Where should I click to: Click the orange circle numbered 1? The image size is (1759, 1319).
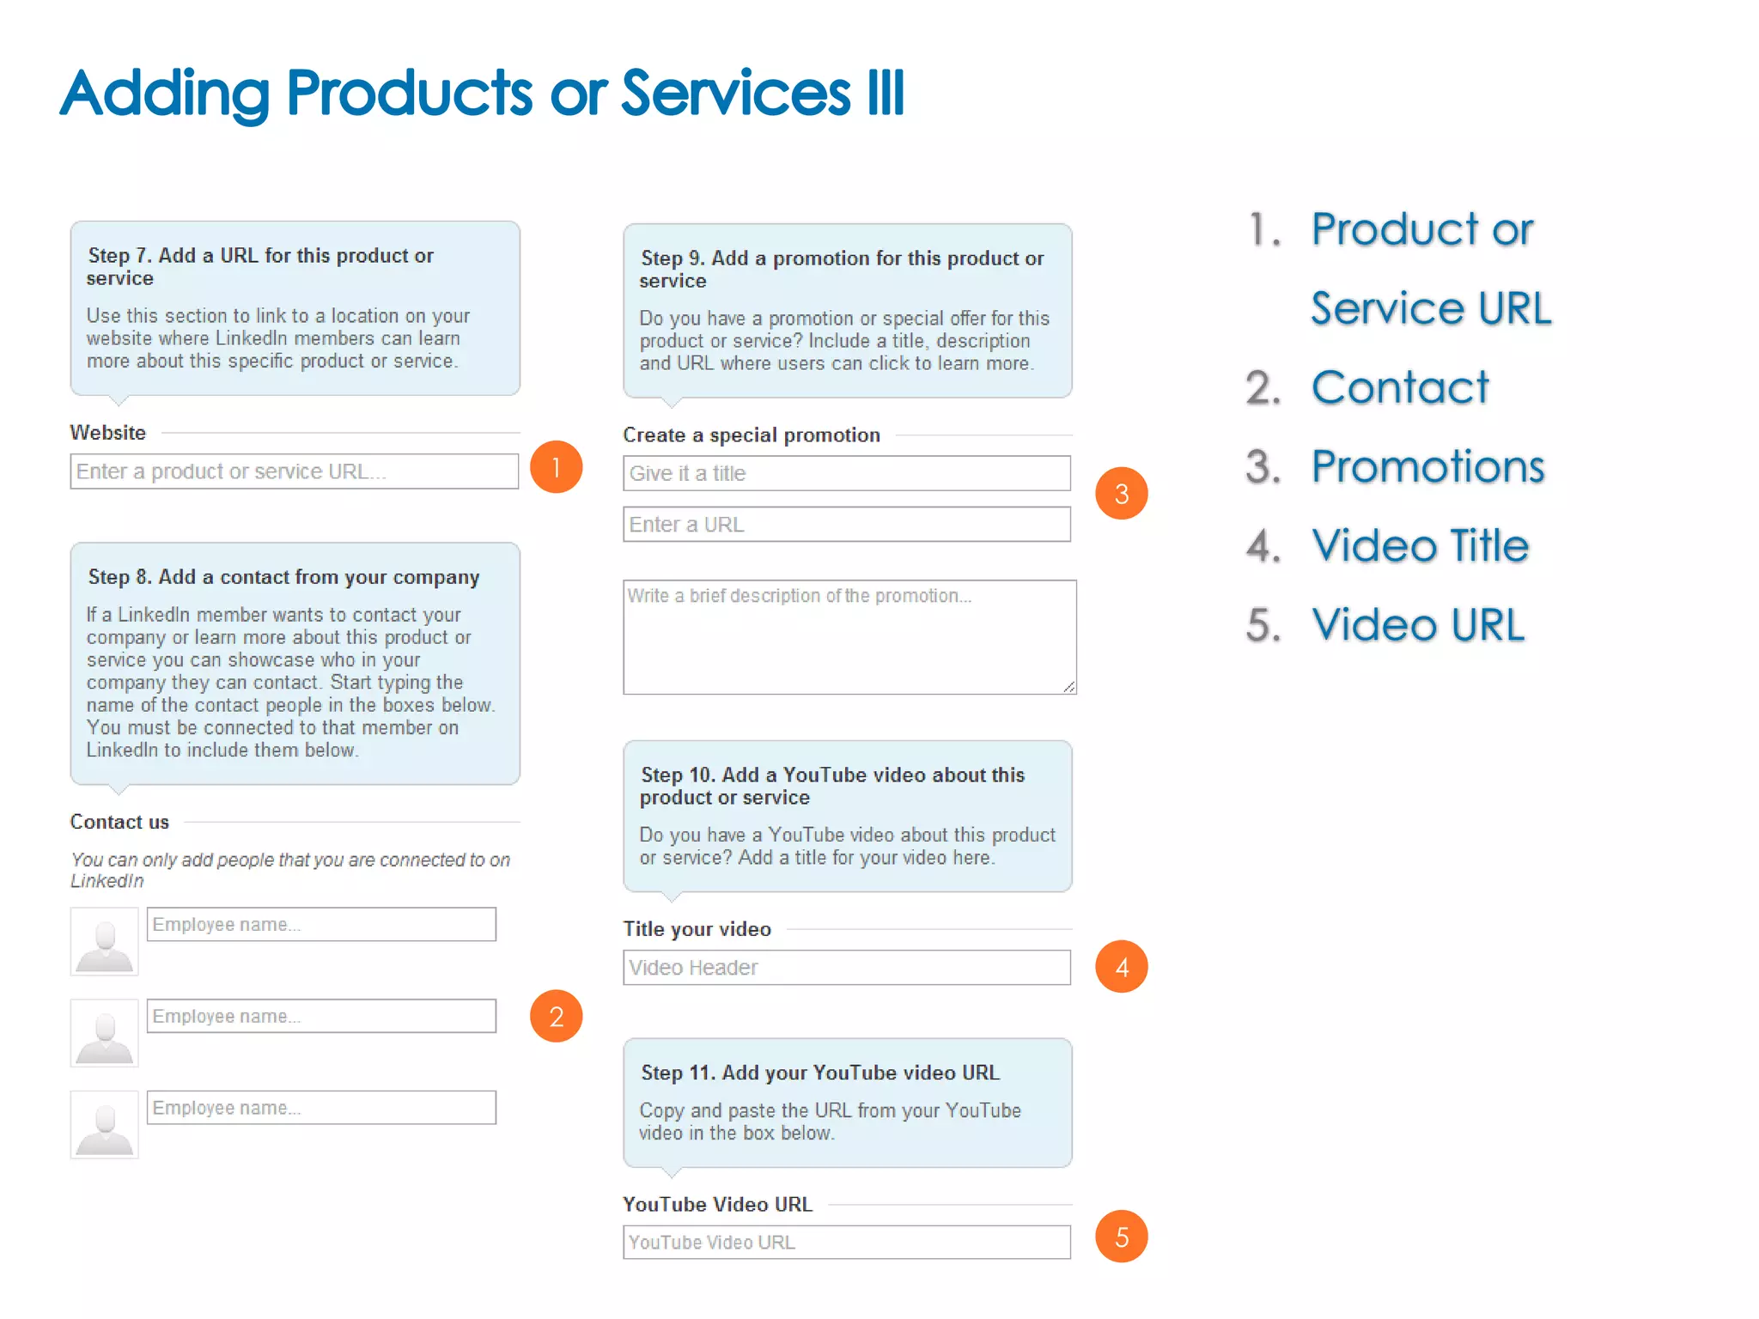pyautogui.click(x=556, y=467)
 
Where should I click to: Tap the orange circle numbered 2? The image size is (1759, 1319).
pyautogui.click(x=556, y=1016)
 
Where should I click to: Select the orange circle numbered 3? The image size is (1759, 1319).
pyautogui.click(x=1121, y=494)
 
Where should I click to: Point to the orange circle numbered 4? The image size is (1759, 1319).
pyautogui.click(x=1121, y=967)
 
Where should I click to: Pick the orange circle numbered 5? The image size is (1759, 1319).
pyautogui.click(x=1121, y=1237)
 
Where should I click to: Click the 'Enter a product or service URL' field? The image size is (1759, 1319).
pyautogui.click(x=294, y=471)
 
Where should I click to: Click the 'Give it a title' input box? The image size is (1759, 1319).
pyautogui.click(x=846, y=473)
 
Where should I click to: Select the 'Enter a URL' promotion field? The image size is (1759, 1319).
pyautogui.click(x=846, y=525)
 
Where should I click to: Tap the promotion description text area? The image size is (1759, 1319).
pyautogui.click(x=849, y=637)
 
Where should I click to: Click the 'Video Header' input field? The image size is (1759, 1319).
pyautogui.click(x=846, y=968)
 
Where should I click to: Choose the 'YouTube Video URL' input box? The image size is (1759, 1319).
pyautogui.click(x=846, y=1243)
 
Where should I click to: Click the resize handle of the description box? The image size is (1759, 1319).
pyautogui.click(x=1068, y=686)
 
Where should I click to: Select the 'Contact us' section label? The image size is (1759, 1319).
pyautogui.click(x=119, y=822)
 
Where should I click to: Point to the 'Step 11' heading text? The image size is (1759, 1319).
pyautogui.click(x=820, y=1073)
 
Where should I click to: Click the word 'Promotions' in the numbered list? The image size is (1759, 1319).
pyautogui.click(x=1427, y=467)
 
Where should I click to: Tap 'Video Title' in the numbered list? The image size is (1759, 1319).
pyautogui.click(x=1420, y=546)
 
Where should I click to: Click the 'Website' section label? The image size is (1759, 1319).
pyautogui.click(x=107, y=433)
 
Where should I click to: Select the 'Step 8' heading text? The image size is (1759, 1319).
pyautogui.click(x=283, y=577)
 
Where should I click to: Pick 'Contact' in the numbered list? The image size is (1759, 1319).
pyautogui.click(x=1400, y=388)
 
